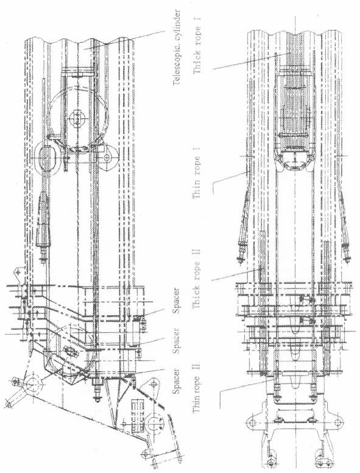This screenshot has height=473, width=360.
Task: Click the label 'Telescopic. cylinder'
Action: click(x=177, y=48)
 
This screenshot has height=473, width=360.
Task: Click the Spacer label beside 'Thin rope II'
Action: click(x=176, y=381)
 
